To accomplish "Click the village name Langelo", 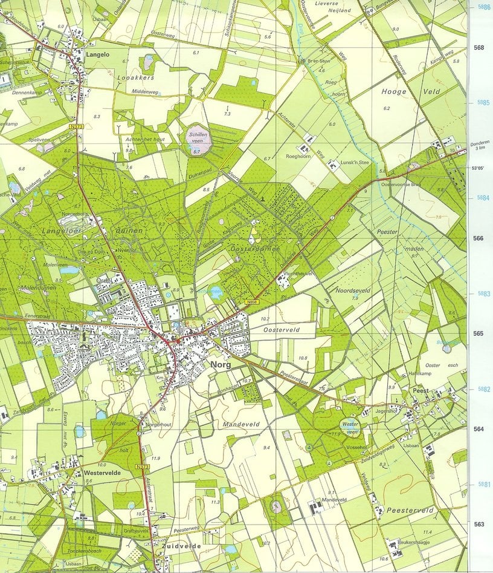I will pyautogui.click(x=100, y=54).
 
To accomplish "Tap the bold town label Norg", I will pyautogui.click(x=221, y=365).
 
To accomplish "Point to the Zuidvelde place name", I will pyautogui.click(x=181, y=546).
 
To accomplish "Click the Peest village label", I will pyautogui.click(x=420, y=391).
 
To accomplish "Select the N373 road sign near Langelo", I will pyautogui.click(x=76, y=126).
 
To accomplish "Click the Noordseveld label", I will pyautogui.click(x=352, y=290).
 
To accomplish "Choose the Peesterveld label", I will pyautogui.click(x=411, y=511).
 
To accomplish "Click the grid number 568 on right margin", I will pyautogui.click(x=478, y=47).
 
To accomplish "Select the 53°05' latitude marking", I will pyautogui.click(x=478, y=169).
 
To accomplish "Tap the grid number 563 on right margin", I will pyautogui.click(x=478, y=524).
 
